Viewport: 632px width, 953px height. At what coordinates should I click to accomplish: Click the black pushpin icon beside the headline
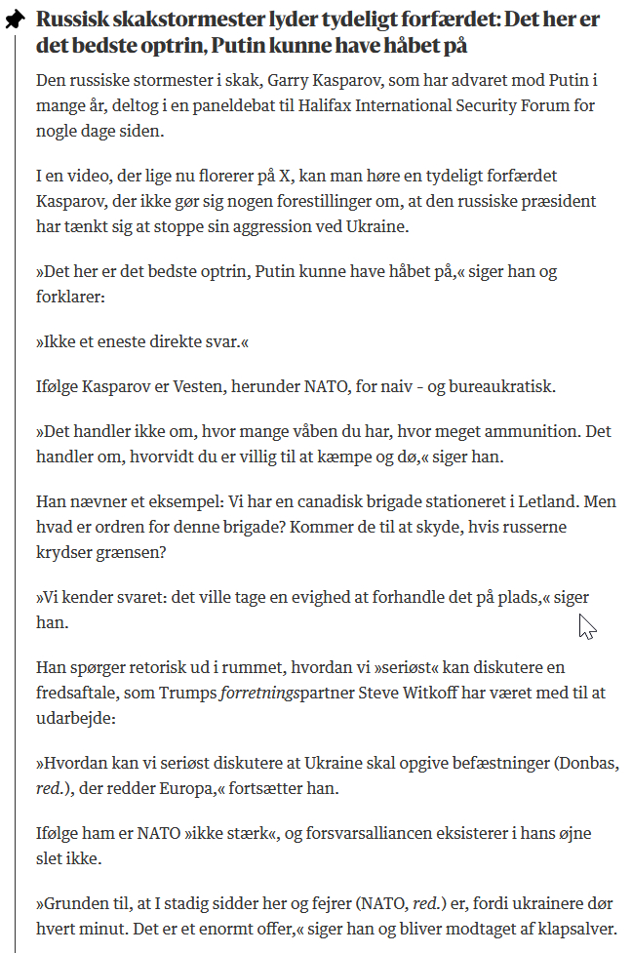coord(15,20)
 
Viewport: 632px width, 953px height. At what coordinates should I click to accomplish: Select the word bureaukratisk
coord(496,386)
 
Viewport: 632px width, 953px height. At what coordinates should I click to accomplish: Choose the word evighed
coord(313,597)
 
